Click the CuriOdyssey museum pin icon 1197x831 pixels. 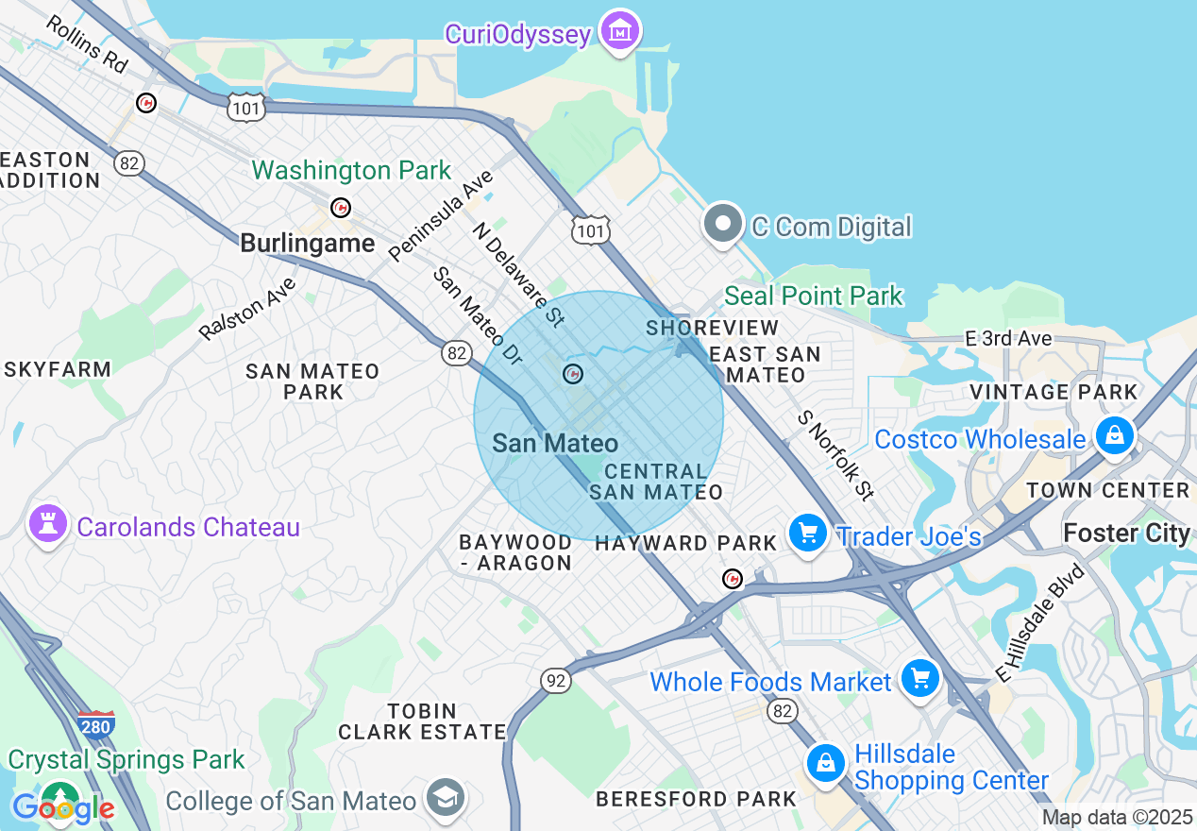click(620, 31)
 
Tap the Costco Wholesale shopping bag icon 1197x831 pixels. click(1115, 435)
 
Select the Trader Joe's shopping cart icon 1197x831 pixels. click(807, 534)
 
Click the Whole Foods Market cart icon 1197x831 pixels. click(919, 678)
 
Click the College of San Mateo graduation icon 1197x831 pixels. click(445, 798)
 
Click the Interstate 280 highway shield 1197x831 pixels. click(95, 723)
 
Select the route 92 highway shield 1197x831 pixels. click(556, 680)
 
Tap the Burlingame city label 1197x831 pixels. click(307, 243)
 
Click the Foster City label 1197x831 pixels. click(1126, 533)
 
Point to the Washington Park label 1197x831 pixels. click(351, 171)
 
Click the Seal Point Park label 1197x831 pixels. click(814, 296)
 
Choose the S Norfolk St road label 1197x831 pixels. click(835, 454)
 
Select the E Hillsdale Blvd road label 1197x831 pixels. click(1041, 621)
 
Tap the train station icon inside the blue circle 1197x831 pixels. click(573, 374)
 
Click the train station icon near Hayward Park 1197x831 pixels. click(732, 578)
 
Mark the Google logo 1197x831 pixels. click(62, 808)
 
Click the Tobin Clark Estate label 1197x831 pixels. click(423, 721)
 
